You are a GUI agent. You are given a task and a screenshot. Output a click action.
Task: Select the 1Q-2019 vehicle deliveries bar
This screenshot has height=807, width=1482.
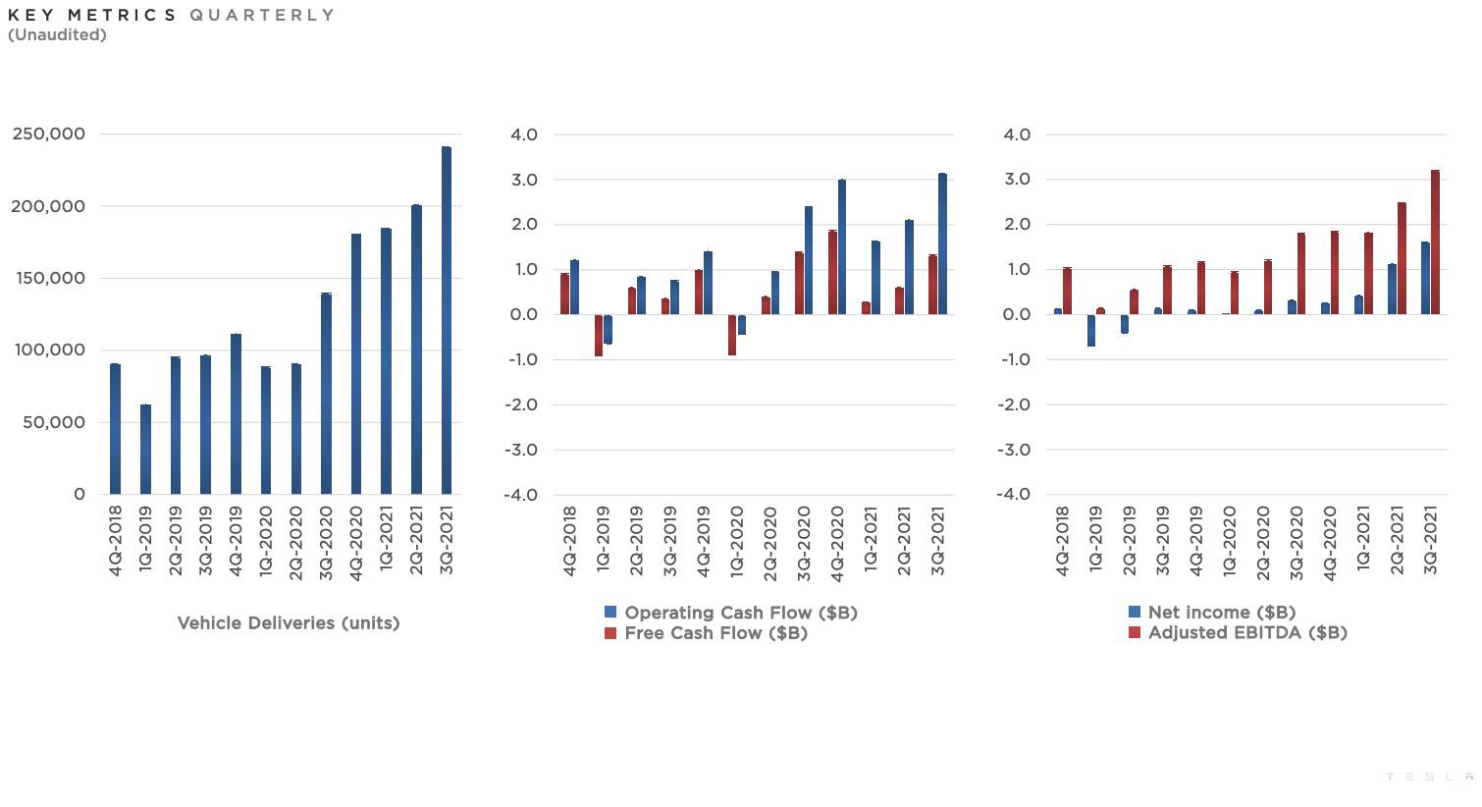point(145,450)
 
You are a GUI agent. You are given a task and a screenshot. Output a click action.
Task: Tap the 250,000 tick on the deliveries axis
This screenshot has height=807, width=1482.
point(49,134)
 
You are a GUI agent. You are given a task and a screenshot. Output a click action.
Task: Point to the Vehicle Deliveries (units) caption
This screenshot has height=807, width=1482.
point(289,623)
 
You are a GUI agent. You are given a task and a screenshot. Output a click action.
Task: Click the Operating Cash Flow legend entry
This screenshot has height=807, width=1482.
point(731,613)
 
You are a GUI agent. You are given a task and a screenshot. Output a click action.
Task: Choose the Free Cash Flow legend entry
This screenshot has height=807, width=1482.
point(707,633)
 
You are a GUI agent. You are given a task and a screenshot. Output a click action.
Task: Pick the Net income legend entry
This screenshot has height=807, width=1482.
point(1212,613)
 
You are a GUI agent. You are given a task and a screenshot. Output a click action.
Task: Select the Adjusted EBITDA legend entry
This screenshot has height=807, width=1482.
point(1238,632)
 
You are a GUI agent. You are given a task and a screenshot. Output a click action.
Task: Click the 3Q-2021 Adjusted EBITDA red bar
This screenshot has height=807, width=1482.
point(1435,243)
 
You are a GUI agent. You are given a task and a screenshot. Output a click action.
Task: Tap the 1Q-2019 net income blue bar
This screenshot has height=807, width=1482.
point(1091,331)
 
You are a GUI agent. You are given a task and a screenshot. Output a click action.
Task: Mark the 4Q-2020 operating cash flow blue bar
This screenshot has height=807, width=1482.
point(842,247)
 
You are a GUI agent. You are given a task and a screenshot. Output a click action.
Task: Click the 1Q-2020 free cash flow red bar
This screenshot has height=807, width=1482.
point(732,335)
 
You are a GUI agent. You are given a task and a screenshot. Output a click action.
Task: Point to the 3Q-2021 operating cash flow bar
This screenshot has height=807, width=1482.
point(942,244)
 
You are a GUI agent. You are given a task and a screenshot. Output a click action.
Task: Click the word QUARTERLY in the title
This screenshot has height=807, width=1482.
point(262,15)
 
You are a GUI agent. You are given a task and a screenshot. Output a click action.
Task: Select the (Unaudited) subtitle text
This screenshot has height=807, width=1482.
point(57,35)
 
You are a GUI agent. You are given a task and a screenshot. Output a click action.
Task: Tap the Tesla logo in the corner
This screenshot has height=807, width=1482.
point(1429,777)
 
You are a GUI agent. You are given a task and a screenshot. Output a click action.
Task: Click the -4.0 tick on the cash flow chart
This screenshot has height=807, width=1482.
point(520,495)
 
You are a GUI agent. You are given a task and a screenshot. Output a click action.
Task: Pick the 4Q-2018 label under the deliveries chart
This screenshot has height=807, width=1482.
point(115,540)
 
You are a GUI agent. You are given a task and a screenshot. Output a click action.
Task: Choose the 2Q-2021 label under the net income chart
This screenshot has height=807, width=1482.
point(1397,540)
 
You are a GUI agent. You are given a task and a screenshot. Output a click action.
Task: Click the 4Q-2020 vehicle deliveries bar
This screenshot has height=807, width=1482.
point(356,364)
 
